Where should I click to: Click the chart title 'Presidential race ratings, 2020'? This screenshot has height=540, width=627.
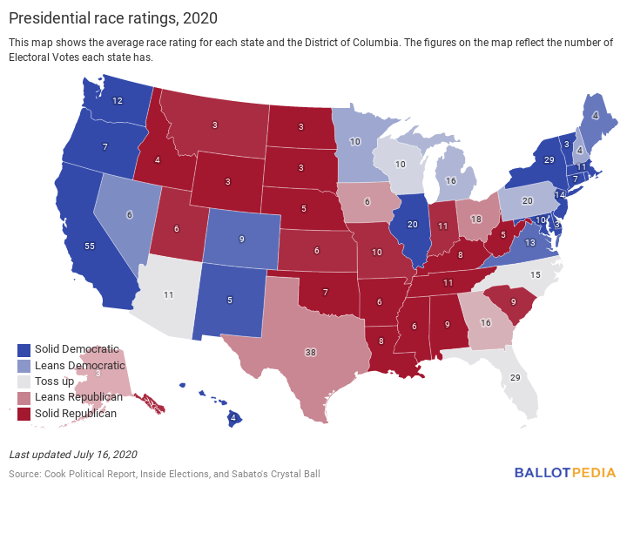pyautogui.click(x=113, y=17)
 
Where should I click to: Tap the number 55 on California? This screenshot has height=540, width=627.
pyautogui.click(x=89, y=246)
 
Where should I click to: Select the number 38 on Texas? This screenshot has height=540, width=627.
pyautogui.click(x=310, y=352)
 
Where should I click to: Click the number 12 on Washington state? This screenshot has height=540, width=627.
pyautogui.click(x=118, y=101)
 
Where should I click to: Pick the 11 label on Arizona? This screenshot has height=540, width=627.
pyautogui.click(x=169, y=295)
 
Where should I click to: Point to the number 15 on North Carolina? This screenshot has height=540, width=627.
pyautogui.click(x=536, y=275)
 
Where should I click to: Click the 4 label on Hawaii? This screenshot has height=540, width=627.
pyautogui.click(x=233, y=418)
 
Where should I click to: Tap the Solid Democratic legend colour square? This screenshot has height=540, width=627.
pyautogui.click(x=24, y=349)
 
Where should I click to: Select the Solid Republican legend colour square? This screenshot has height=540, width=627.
pyautogui.click(x=24, y=413)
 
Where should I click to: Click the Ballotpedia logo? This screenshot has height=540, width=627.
pyautogui.click(x=564, y=473)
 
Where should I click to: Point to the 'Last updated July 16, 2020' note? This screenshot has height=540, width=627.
pyautogui.click(x=73, y=455)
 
